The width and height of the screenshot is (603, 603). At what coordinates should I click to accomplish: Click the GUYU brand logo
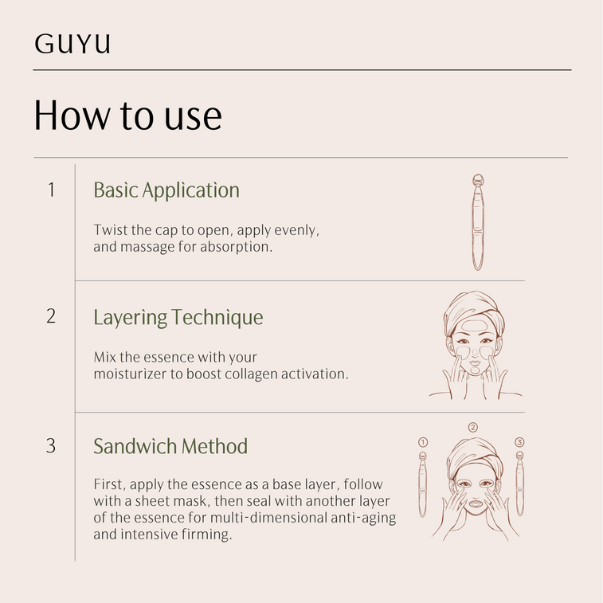[x=72, y=44]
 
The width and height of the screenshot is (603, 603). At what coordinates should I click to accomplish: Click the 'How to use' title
[x=128, y=116]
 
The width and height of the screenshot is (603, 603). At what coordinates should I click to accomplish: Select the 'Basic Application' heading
[x=166, y=190]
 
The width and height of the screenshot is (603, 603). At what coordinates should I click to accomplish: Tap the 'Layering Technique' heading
[x=178, y=318]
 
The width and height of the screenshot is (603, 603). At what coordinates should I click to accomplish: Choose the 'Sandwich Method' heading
[x=170, y=446]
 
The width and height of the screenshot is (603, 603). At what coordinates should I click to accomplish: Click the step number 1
[x=52, y=190]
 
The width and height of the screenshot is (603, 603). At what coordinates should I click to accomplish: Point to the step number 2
[x=51, y=316]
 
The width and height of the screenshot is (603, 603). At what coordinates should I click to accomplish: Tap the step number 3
[x=51, y=446]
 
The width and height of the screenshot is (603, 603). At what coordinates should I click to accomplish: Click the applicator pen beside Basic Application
[x=478, y=222]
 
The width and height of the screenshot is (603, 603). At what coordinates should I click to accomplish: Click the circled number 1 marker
[x=423, y=442]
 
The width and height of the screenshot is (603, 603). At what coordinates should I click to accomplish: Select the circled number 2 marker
[x=473, y=427]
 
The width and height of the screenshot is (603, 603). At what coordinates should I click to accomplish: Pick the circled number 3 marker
[x=519, y=442]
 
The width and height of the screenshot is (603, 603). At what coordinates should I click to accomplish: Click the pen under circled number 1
[x=423, y=484]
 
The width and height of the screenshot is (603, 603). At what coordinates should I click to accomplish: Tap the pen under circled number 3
[x=519, y=484]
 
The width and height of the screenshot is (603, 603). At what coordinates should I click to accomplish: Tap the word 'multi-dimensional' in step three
[x=268, y=518]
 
